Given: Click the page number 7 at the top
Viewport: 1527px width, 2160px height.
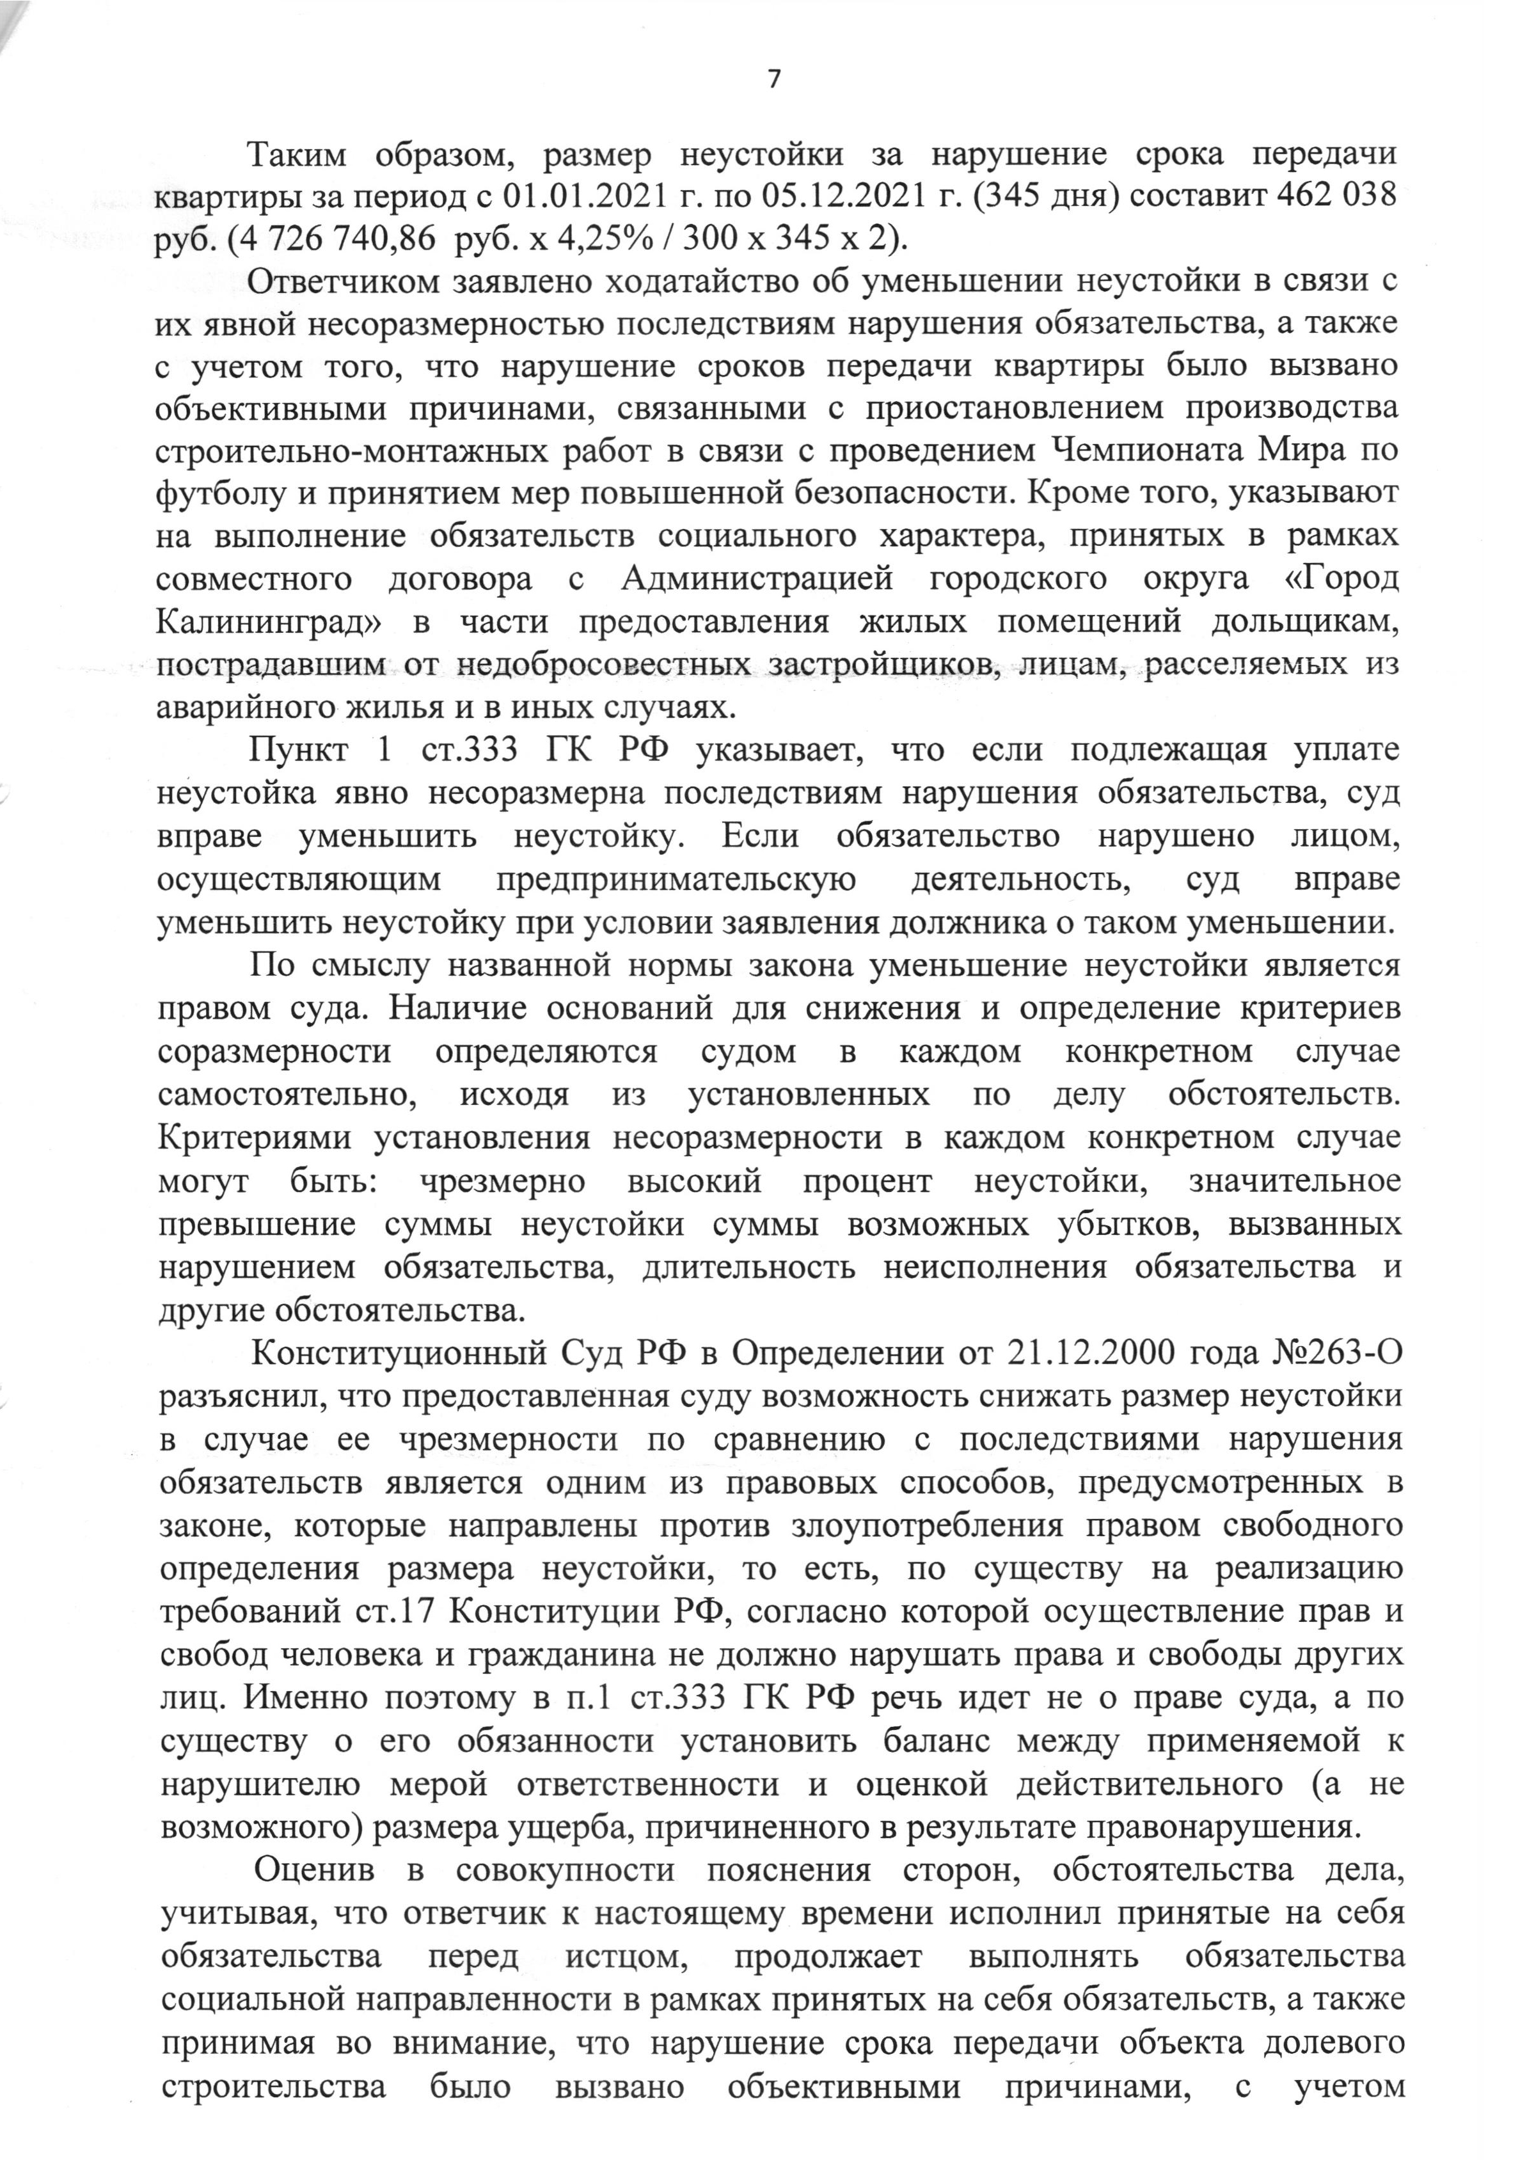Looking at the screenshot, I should tap(773, 80).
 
